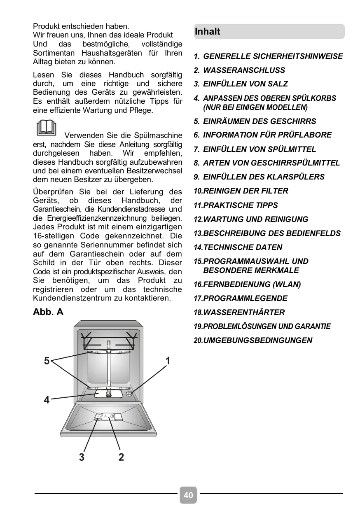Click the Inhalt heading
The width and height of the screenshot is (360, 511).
(x=208, y=32)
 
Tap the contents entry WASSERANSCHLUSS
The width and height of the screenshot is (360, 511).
(x=244, y=70)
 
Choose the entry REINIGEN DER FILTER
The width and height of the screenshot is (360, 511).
(x=245, y=191)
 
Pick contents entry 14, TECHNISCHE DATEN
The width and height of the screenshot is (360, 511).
(x=243, y=247)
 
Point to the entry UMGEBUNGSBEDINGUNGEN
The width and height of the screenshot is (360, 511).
(x=257, y=341)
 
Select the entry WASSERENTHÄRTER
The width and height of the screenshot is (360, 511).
(x=244, y=313)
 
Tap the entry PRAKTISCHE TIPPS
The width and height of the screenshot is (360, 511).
(x=241, y=205)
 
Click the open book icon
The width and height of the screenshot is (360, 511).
(x=46, y=128)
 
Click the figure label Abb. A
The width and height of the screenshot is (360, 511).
(x=48, y=312)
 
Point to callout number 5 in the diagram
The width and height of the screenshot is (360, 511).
(x=47, y=361)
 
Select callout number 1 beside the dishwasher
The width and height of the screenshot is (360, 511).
(x=168, y=361)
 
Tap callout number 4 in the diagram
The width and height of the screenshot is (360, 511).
(x=47, y=400)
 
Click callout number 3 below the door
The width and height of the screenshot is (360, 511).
(x=82, y=457)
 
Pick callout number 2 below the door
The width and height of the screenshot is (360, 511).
(x=121, y=457)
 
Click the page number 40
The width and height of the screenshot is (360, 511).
(x=188, y=495)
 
